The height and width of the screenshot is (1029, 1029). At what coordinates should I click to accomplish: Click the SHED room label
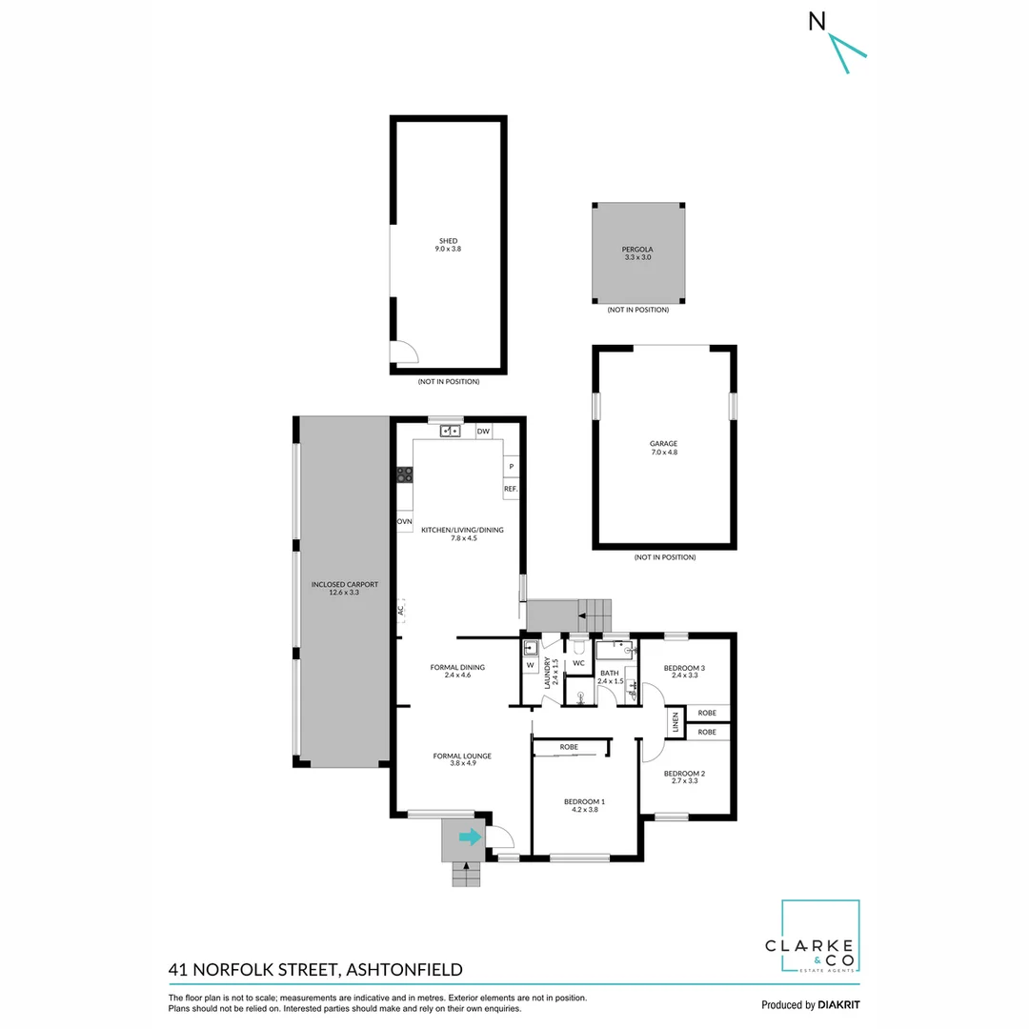pos(448,241)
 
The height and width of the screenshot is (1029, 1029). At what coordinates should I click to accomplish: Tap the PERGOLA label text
pos(637,249)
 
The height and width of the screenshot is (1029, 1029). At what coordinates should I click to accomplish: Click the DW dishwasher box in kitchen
pos(483,432)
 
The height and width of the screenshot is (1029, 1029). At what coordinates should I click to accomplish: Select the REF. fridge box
pos(511,489)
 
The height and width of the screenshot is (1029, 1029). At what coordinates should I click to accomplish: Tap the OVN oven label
pos(405,522)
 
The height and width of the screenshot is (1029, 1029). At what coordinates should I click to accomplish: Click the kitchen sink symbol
pos(451,432)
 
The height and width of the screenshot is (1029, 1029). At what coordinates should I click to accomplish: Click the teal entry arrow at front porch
pos(470,837)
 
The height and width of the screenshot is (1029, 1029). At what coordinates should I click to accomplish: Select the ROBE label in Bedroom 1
pos(569,747)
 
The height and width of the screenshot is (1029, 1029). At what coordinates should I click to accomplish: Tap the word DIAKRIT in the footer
pos(839,1004)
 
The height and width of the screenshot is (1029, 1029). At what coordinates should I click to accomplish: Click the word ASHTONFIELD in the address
pos(404,970)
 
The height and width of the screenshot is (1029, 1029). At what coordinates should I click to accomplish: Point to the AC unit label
pos(401,610)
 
